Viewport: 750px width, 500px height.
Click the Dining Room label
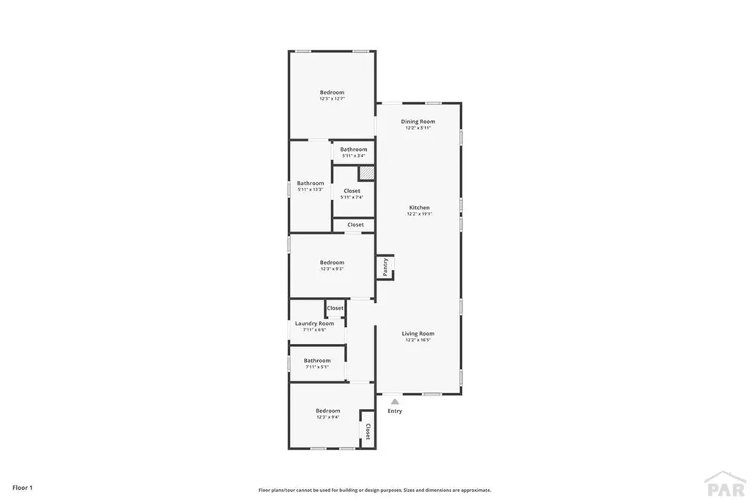point(417,121)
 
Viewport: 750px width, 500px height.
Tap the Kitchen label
point(419,207)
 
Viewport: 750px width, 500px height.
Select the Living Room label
point(418,334)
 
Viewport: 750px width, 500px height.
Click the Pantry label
point(385,266)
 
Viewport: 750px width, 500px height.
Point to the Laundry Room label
point(314,323)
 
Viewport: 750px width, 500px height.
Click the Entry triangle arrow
point(395,401)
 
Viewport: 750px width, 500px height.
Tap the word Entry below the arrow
point(395,411)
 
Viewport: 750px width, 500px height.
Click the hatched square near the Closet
point(366,174)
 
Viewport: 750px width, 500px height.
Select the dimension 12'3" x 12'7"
point(332,98)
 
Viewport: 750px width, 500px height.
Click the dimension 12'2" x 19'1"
point(419,214)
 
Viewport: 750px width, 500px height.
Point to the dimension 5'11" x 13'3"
point(311,190)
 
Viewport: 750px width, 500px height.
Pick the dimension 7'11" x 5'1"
point(317,367)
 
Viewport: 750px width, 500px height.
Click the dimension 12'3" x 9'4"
point(328,417)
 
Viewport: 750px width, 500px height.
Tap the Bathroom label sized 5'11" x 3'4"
point(354,150)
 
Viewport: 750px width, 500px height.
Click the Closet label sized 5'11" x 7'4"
point(352,191)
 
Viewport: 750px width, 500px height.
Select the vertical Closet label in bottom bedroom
point(368,430)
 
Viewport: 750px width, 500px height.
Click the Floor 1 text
point(23,487)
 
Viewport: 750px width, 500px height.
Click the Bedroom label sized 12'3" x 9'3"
point(332,262)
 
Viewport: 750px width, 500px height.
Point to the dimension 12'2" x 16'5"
point(418,340)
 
